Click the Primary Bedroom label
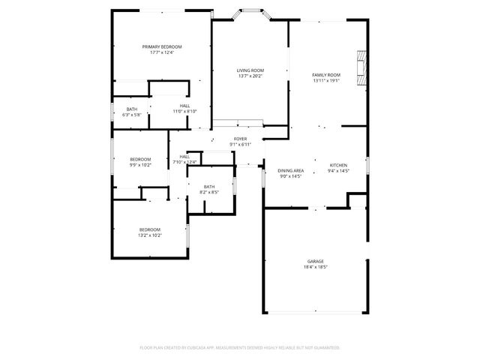point(162,46)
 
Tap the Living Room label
point(250,70)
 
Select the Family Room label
point(326,75)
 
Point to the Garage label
point(316,261)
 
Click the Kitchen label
point(339,165)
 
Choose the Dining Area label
point(290,170)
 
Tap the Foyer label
point(240,139)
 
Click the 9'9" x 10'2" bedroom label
point(140,159)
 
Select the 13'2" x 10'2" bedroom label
point(149,229)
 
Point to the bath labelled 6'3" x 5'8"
point(132,109)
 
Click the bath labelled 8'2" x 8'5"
point(209,187)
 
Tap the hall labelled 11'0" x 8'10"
point(184,106)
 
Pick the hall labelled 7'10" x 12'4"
point(184,157)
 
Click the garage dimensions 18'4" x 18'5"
point(316,266)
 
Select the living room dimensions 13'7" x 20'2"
point(250,76)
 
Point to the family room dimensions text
point(326,80)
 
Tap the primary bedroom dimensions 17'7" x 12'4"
point(162,52)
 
